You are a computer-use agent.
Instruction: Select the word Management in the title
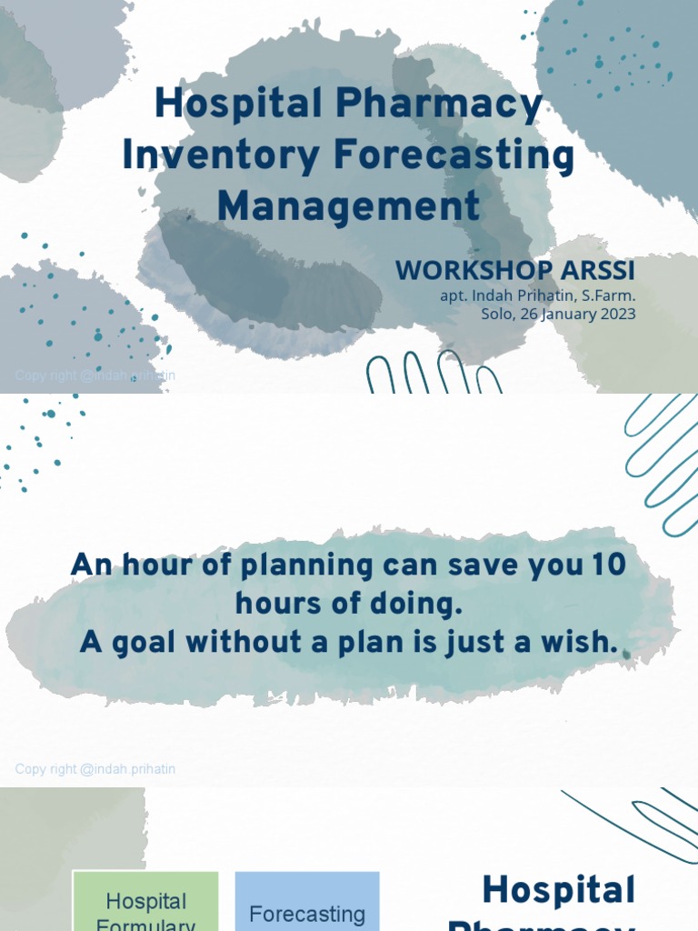[348, 205]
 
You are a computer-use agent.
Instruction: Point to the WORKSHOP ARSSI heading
[515, 271]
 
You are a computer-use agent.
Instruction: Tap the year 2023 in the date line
[617, 315]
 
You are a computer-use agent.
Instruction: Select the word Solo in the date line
[497, 315]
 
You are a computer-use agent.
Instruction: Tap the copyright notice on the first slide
[95, 375]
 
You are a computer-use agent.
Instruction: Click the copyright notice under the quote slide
[95, 769]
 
